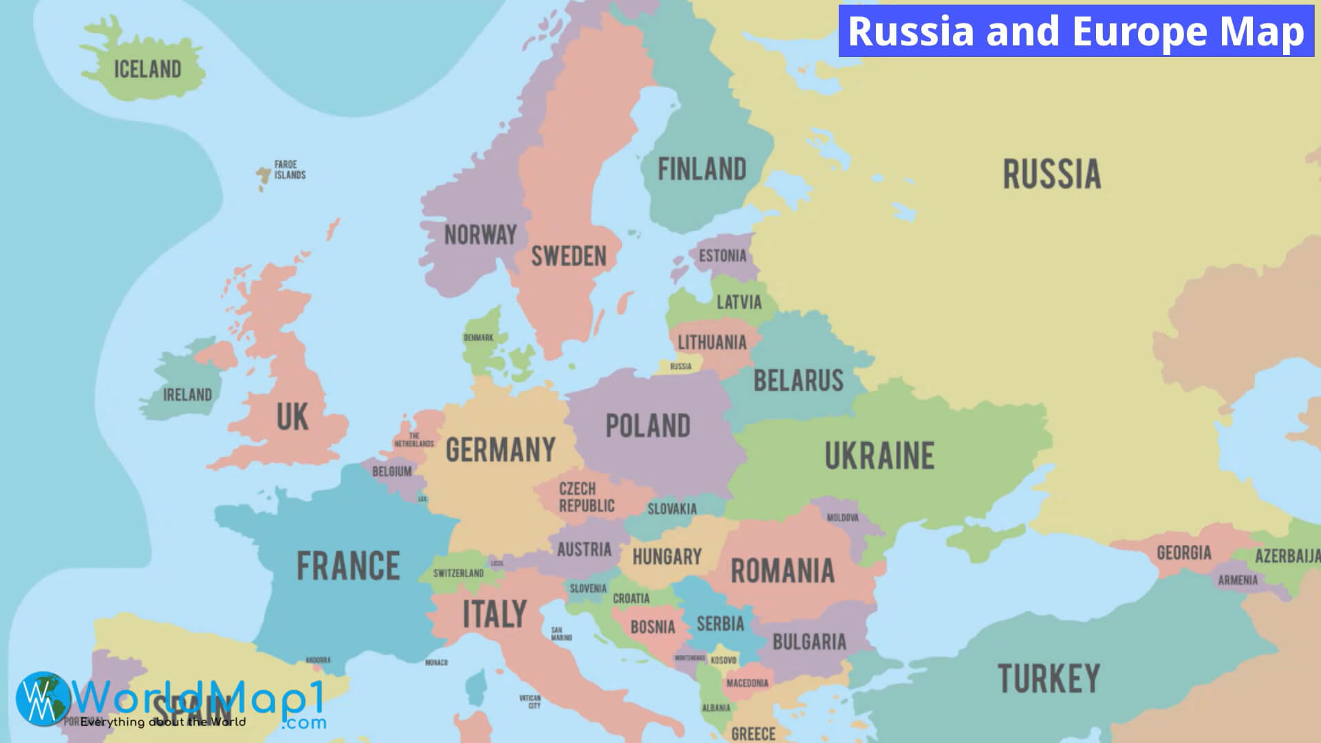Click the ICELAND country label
(x=147, y=69)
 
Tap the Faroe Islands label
(x=290, y=170)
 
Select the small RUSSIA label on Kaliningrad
(x=680, y=366)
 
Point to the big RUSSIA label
(x=1051, y=174)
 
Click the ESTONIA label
(x=722, y=256)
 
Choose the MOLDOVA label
(x=842, y=517)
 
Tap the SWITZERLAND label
(x=458, y=573)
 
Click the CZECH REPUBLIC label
(x=586, y=497)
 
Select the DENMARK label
(x=478, y=338)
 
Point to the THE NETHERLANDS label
(x=414, y=440)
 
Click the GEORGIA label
(x=1183, y=553)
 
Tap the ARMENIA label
(x=1238, y=581)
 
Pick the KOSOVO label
(x=723, y=660)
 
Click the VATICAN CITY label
(x=530, y=702)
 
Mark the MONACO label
(x=436, y=663)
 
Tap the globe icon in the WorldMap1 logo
(x=43, y=698)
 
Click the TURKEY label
(x=1049, y=679)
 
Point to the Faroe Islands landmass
(x=263, y=176)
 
